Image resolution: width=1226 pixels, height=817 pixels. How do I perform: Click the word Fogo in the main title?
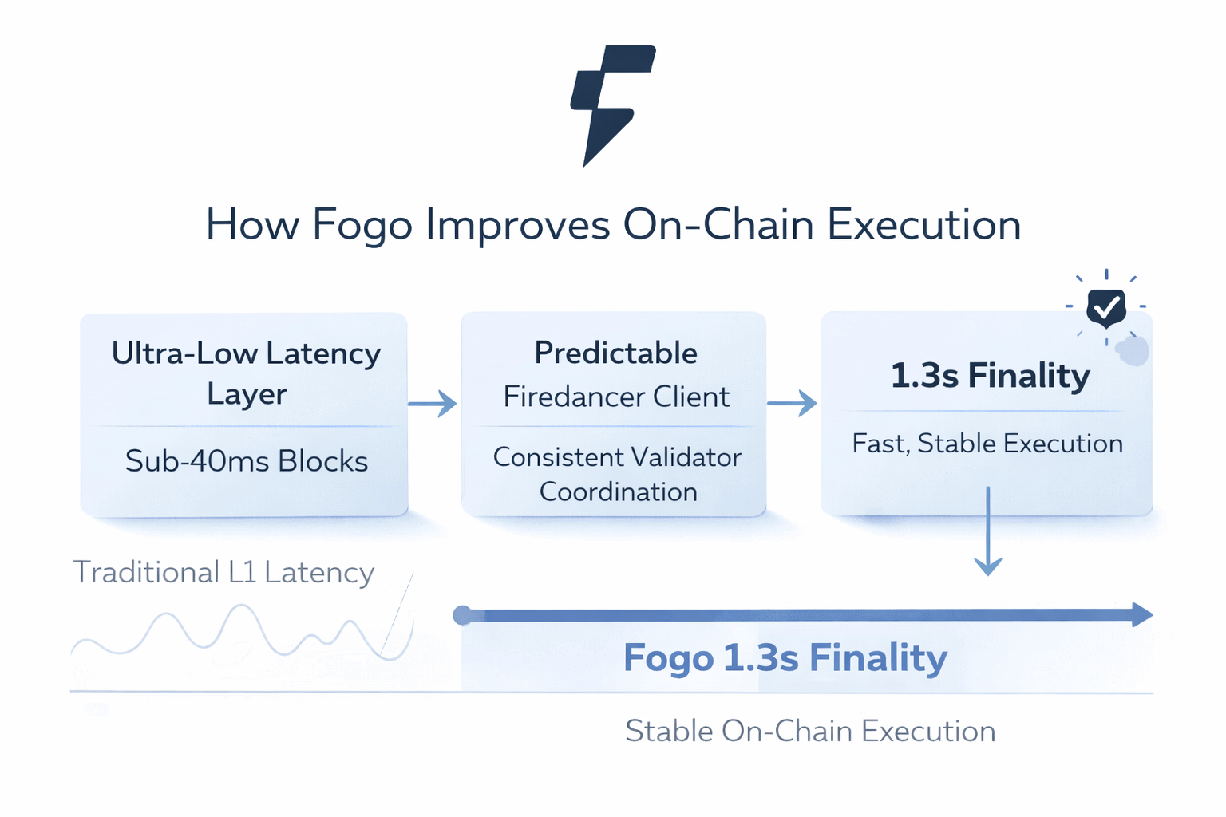coord(362,225)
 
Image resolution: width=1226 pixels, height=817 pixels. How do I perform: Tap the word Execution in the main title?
coord(923,225)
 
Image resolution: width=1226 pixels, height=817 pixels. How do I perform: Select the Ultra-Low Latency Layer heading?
coord(246,373)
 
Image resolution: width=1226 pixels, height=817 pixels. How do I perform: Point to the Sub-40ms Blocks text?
coord(246,461)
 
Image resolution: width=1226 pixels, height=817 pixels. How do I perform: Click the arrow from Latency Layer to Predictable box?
coord(433,404)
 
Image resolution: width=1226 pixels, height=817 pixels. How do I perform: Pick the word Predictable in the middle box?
coord(615,353)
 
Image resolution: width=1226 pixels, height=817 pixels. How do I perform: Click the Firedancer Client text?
coord(615,397)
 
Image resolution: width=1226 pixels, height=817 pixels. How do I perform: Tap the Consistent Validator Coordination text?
coord(617,474)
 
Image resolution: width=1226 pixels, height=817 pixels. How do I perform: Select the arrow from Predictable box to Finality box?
coord(792,404)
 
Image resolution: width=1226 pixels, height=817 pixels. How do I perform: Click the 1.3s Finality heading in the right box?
coord(990,375)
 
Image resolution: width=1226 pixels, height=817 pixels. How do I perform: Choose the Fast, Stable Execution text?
coord(987,444)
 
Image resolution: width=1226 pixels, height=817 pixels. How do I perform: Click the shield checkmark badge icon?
coord(1106,306)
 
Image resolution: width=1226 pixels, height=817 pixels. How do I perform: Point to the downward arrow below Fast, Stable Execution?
coord(988,531)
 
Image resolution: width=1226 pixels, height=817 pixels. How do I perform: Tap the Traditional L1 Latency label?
coord(223,572)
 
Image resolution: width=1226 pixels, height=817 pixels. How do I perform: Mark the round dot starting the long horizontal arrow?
coord(462,615)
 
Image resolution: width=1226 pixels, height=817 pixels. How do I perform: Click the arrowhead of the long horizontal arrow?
coord(1142,614)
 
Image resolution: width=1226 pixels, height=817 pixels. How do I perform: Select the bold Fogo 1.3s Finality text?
coord(785,658)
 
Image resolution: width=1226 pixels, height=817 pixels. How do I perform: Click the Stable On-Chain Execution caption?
coord(810,731)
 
